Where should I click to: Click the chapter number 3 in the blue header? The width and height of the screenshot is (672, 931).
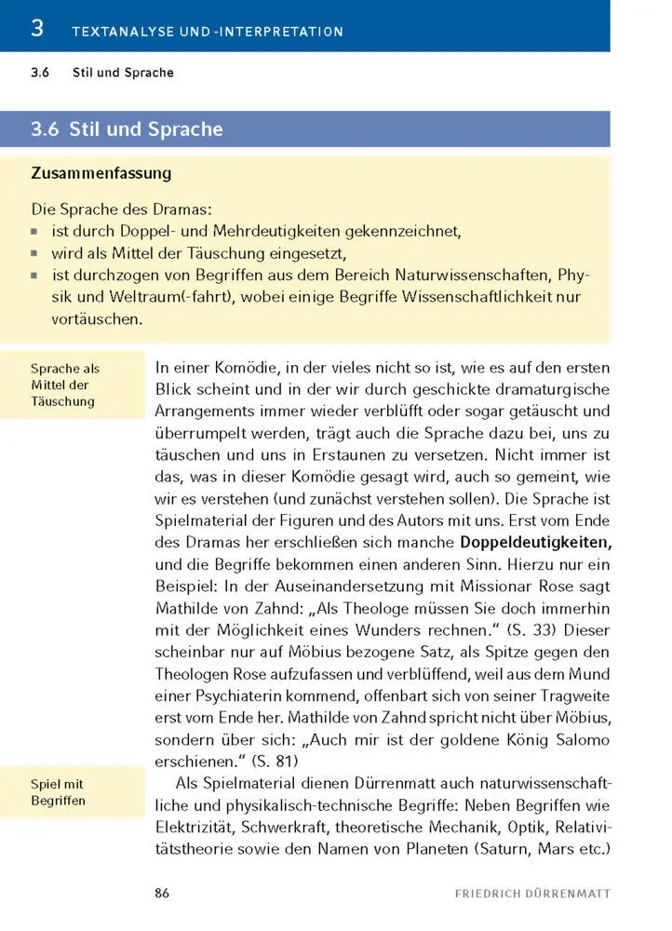point(37,28)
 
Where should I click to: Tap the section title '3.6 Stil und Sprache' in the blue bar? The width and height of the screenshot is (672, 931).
point(127,129)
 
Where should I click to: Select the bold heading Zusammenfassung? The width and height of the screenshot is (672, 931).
point(101,173)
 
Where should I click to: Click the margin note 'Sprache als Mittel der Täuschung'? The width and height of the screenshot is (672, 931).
point(64,385)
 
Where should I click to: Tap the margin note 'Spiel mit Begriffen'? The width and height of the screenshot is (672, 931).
point(57,792)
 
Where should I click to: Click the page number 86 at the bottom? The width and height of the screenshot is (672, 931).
point(162,894)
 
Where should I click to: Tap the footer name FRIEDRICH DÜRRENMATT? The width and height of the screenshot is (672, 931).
point(532,894)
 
